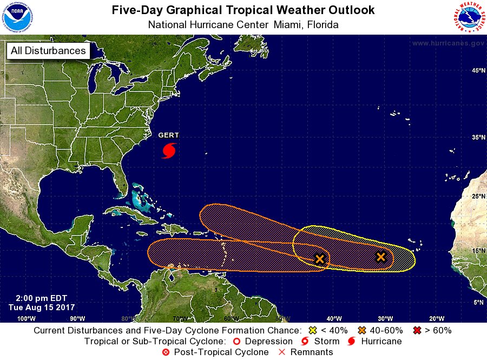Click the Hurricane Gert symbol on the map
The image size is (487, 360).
click(169, 150)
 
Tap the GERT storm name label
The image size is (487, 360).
click(168, 135)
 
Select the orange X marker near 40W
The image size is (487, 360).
click(320, 259)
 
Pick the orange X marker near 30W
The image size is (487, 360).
click(381, 257)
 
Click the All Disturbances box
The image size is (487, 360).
click(48, 51)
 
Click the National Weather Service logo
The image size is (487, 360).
click(469, 17)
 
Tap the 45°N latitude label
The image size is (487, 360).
click(478, 71)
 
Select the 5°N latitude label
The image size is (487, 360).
click(478, 303)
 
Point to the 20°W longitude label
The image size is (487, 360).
click(437, 318)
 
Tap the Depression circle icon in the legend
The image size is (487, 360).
click(236, 342)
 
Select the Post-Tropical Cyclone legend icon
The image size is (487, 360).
click(166, 352)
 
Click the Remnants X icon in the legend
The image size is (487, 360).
click(281, 352)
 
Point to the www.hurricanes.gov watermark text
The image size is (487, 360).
click(447, 43)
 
